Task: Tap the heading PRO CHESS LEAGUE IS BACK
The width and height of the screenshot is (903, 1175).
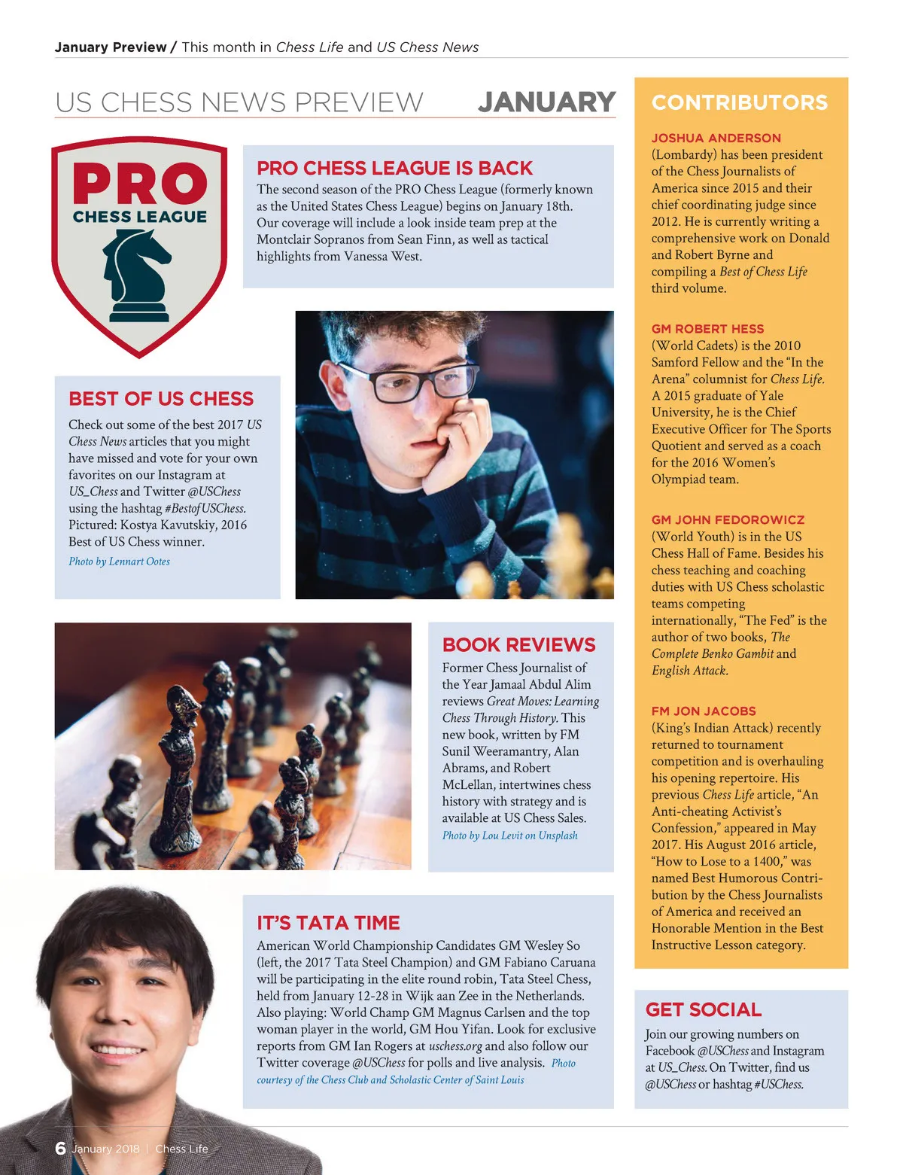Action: (x=394, y=168)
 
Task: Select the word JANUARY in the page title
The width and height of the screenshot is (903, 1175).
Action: (x=546, y=102)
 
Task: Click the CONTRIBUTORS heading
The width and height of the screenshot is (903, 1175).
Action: (x=739, y=102)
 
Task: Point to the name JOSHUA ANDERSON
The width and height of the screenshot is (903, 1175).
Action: (x=716, y=138)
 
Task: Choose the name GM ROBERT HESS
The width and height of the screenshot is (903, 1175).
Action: (x=707, y=329)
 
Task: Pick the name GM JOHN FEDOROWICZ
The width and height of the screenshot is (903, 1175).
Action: (x=728, y=519)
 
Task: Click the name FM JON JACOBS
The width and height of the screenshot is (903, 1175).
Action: (x=704, y=711)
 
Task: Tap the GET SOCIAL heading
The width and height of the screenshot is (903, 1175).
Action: (x=703, y=1009)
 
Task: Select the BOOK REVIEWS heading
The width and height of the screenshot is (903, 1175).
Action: (x=518, y=644)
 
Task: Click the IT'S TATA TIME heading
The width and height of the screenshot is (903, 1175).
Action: (x=328, y=923)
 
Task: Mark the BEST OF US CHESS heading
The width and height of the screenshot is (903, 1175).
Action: (x=161, y=398)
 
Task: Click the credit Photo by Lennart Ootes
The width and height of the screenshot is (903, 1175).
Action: (x=119, y=562)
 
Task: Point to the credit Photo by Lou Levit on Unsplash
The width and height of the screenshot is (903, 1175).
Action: (x=509, y=836)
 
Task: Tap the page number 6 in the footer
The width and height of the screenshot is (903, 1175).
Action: (x=60, y=1148)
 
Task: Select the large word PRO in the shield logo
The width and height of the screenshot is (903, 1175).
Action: (x=140, y=184)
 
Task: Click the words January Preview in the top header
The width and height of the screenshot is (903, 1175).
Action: (x=110, y=47)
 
